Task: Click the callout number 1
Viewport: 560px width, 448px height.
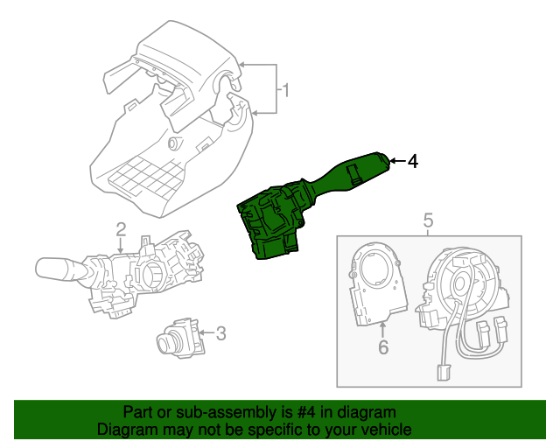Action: pyautogui.click(x=284, y=89)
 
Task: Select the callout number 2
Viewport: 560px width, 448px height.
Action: pyautogui.click(x=121, y=230)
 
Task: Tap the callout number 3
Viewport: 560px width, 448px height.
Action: pyautogui.click(x=220, y=332)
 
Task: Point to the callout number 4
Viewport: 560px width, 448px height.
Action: pyautogui.click(x=413, y=161)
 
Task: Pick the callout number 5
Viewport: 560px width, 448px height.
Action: pyautogui.click(x=429, y=220)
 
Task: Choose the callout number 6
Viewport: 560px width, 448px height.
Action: pyautogui.click(x=382, y=348)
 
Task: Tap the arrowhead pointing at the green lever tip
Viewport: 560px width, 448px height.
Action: pyautogui.click(x=393, y=161)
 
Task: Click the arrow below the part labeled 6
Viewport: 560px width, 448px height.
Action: pyautogui.click(x=382, y=328)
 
